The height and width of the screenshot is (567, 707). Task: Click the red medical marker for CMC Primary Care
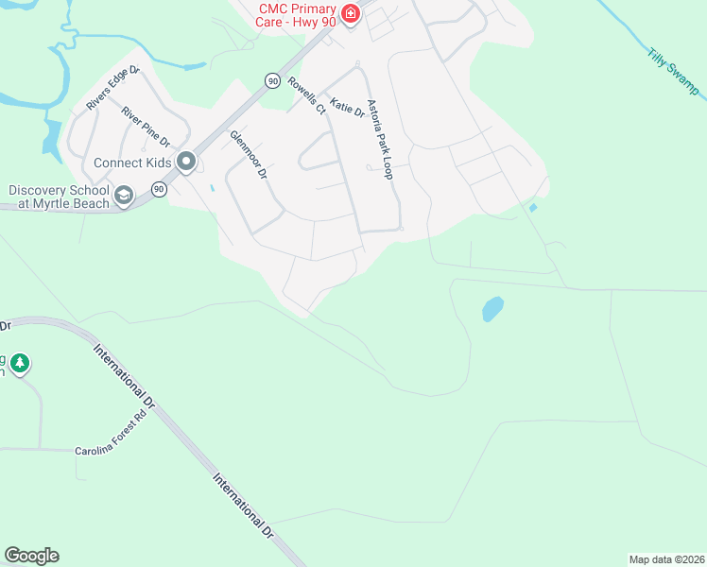(351, 13)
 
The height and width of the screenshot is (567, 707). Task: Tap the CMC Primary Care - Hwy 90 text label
(297, 13)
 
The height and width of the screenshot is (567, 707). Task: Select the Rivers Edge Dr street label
(112, 88)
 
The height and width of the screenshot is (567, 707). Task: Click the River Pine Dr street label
(146, 127)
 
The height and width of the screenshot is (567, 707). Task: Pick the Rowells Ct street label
(306, 95)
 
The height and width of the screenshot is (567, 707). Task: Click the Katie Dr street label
(347, 106)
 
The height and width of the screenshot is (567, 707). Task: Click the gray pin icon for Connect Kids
(186, 163)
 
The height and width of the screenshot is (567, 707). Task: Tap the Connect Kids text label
(132, 163)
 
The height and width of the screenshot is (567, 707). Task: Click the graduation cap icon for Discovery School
(123, 197)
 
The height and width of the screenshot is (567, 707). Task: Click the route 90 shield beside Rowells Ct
(272, 81)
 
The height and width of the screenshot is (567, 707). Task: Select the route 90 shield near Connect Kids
(159, 190)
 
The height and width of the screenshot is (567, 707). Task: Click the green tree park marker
(20, 362)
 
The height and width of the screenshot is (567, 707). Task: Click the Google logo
(31, 556)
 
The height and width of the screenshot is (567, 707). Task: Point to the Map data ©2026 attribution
(666, 558)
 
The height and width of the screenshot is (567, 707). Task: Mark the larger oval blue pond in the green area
(492, 309)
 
